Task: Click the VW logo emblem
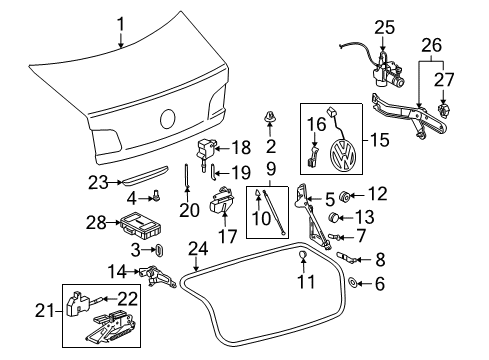click(343, 155)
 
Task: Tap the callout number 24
click(198, 249)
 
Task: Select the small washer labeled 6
click(352, 283)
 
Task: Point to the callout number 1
click(120, 25)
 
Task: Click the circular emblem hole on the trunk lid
click(167, 119)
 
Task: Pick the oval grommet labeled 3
click(160, 250)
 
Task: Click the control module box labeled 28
click(141, 225)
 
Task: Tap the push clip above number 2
click(269, 117)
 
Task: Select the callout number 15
click(379, 140)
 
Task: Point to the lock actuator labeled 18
click(205, 152)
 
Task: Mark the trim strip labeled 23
click(145, 175)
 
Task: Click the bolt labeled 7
click(334, 237)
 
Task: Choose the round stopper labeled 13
click(333, 217)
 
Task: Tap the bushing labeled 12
click(344, 197)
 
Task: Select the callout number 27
click(444, 79)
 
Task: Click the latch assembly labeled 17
click(221, 201)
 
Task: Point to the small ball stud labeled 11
click(302, 255)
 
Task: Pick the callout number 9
click(271, 169)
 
